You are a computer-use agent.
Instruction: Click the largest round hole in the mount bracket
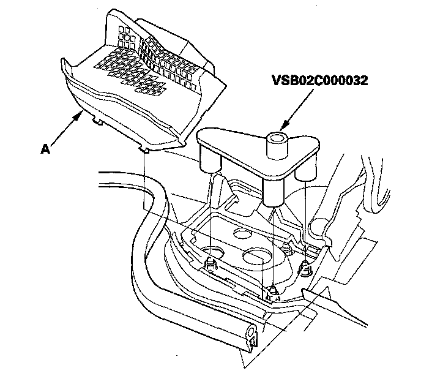pos(257,256)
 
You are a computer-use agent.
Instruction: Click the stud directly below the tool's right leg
pos(304,268)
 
